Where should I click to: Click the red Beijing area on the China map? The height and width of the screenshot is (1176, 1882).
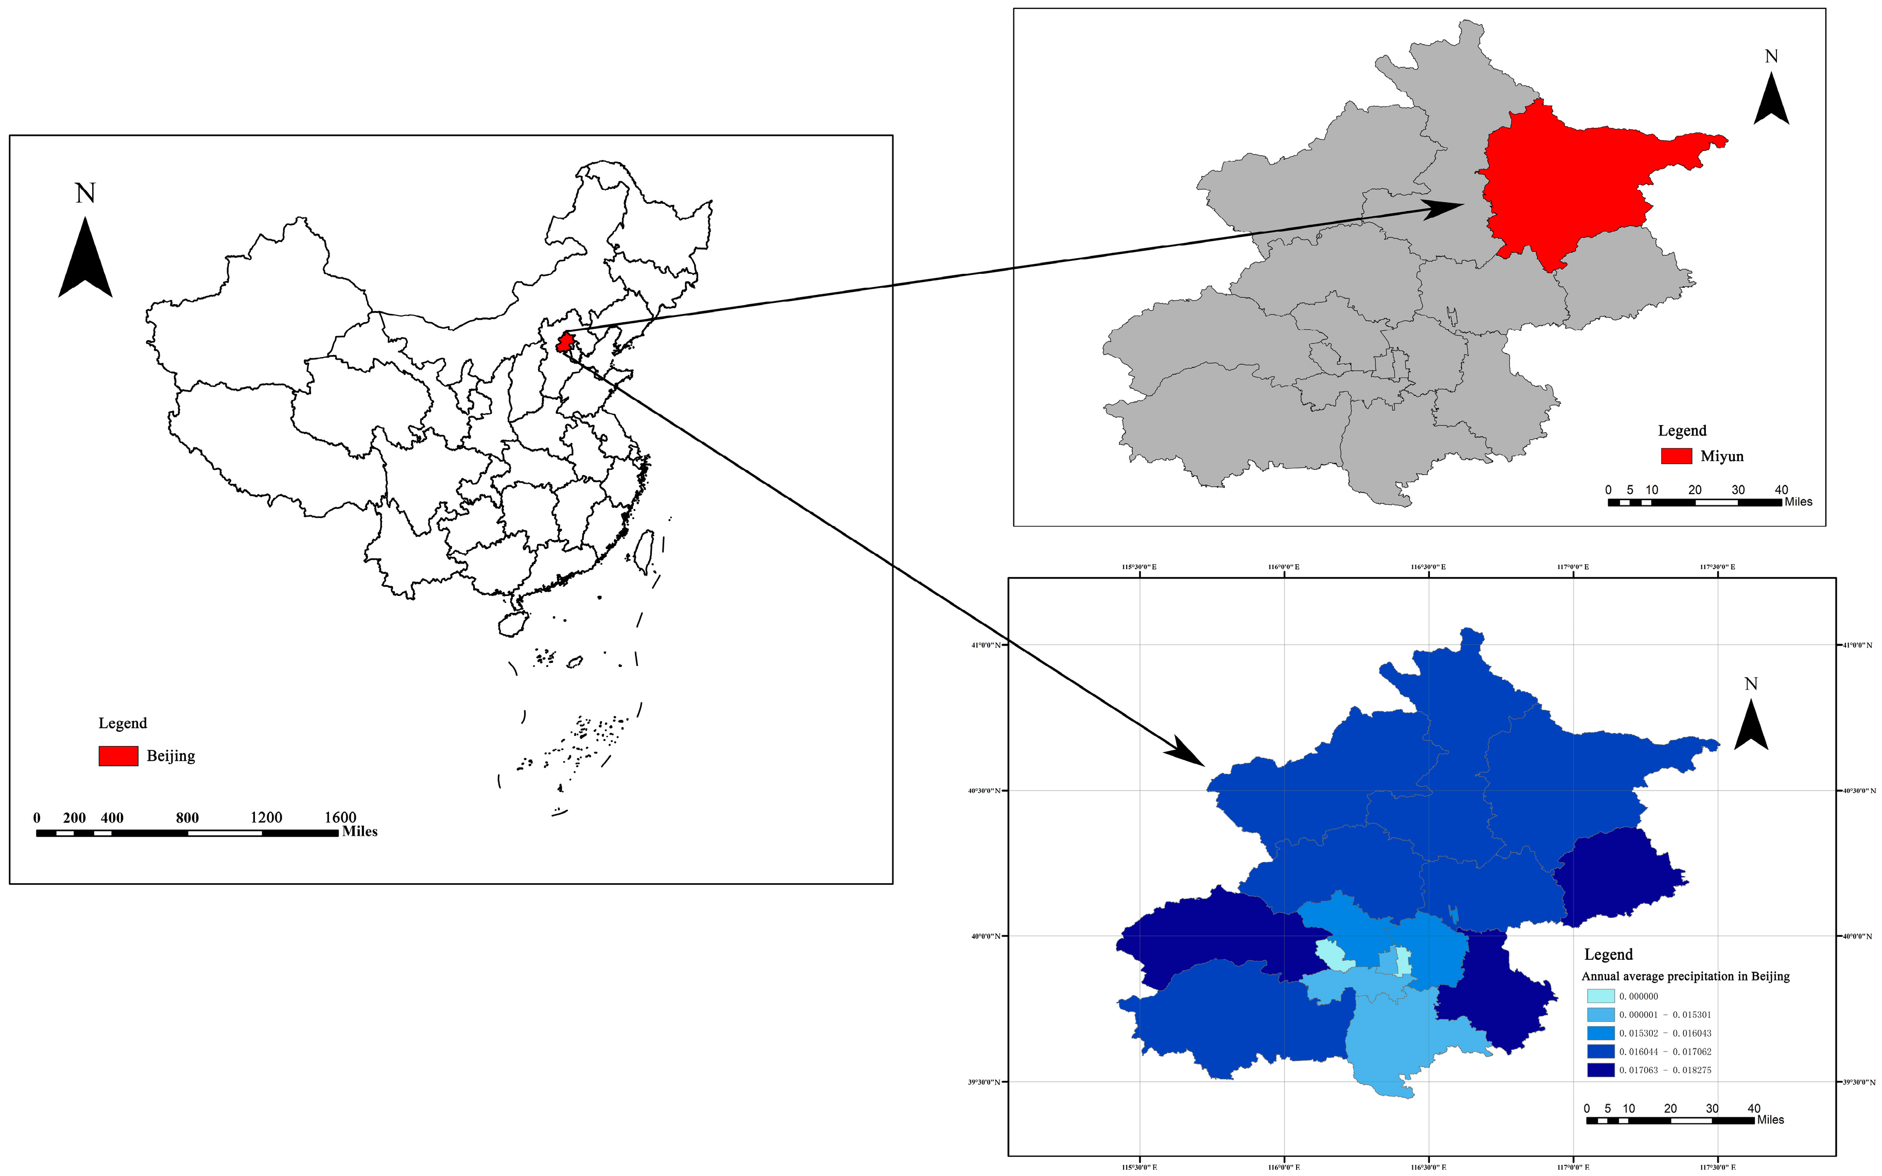pyautogui.click(x=565, y=342)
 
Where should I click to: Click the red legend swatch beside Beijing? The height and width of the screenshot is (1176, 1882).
pyautogui.click(x=118, y=755)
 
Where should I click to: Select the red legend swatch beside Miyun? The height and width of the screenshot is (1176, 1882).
pyautogui.click(x=1676, y=456)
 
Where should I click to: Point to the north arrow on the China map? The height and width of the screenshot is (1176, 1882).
pyautogui.click(x=85, y=257)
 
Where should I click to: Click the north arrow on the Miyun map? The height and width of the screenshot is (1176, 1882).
pyautogui.click(x=1771, y=99)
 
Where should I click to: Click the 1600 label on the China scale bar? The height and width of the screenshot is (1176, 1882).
pyautogui.click(x=340, y=817)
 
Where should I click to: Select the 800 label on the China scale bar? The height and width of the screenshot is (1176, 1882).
pyautogui.click(x=187, y=817)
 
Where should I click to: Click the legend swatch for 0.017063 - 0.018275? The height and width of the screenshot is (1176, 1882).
pyautogui.click(x=1600, y=1070)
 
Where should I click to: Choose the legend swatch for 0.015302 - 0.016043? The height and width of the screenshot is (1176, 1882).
pyautogui.click(x=1600, y=1033)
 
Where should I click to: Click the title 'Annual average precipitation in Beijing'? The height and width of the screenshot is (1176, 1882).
pyautogui.click(x=1685, y=976)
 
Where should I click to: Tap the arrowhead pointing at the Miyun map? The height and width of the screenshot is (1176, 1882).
pyautogui.click(x=1444, y=208)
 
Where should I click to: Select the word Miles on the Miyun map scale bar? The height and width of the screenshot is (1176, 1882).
pyautogui.click(x=1798, y=502)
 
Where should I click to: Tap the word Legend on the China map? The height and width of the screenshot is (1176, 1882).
pyautogui.click(x=122, y=723)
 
